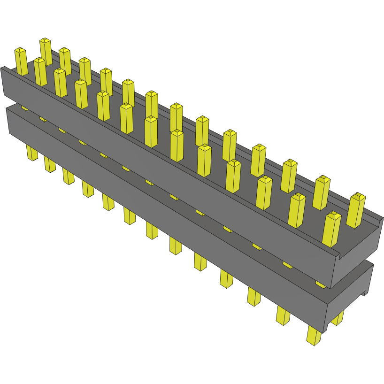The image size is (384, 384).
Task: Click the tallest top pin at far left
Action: pos(46,51)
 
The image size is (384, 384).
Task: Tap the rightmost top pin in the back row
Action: pos(356,210)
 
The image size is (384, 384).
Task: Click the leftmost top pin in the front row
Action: pos(21,61)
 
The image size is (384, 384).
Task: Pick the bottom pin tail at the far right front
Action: pos(314,336)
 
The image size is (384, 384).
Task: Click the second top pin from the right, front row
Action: pos(297,210)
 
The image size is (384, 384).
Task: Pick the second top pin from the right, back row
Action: pos(322,192)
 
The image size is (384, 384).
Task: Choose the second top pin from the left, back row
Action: pos(65,61)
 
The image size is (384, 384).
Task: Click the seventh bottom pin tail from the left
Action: pos(152,230)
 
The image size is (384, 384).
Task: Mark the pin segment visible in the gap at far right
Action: pos(320,284)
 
